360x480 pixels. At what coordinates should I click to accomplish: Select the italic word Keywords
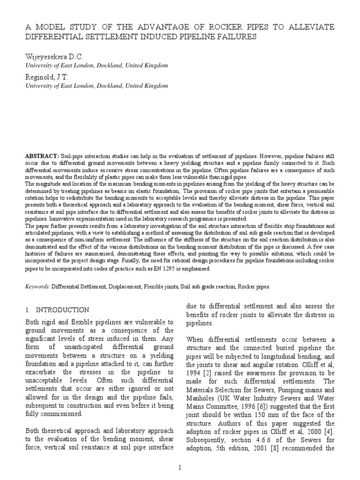pyautogui.click(x=37, y=286)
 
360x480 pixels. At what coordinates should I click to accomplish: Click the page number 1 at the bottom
pyautogui.click(x=180, y=467)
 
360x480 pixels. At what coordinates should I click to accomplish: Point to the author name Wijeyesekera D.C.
pyautogui.click(x=53, y=57)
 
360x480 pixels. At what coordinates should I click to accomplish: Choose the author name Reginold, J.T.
pyautogui.click(x=47, y=76)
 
